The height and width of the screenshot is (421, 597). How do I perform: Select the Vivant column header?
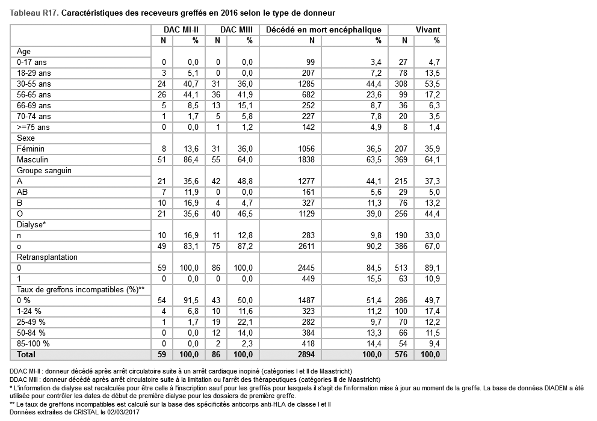point(428,29)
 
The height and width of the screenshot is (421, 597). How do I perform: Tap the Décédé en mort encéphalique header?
point(323,29)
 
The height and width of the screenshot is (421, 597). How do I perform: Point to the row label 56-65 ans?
point(34,94)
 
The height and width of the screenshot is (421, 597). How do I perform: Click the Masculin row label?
point(33,159)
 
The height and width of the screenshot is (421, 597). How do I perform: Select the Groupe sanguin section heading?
point(45,170)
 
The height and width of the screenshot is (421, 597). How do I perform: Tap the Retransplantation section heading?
point(47,257)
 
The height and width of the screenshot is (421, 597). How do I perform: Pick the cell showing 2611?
point(307,246)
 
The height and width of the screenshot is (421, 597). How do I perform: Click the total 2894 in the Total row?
point(306,355)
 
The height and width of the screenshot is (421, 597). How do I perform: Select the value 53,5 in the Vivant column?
point(433,84)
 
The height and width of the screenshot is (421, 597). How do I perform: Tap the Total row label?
point(26,355)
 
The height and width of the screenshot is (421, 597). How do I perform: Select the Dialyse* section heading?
point(32,224)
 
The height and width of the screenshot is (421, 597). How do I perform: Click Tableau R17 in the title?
point(34,12)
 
